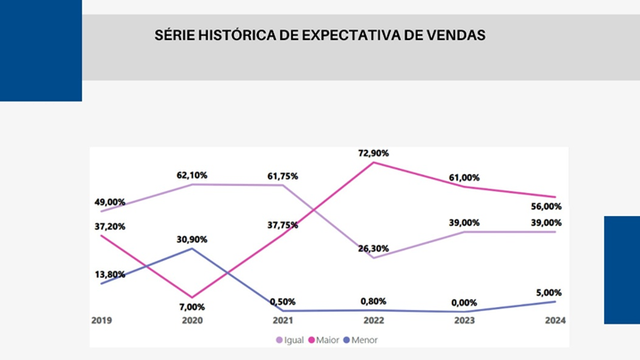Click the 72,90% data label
click(x=374, y=154)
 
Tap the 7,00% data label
click(x=192, y=307)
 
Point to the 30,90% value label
click(x=192, y=239)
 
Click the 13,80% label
click(x=110, y=274)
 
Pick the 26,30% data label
click(x=374, y=248)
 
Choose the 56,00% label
click(x=546, y=206)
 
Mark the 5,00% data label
click(x=549, y=292)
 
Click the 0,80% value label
click(x=374, y=301)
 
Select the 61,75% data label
click(x=283, y=176)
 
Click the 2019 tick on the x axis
click(x=101, y=320)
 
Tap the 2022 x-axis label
click(x=374, y=320)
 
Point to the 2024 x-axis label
click(x=556, y=320)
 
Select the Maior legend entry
click(x=327, y=340)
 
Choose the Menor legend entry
click(x=363, y=340)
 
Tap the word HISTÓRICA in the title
click(x=236, y=36)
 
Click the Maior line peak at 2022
click(x=374, y=163)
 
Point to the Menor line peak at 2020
click(x=192, y=248)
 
